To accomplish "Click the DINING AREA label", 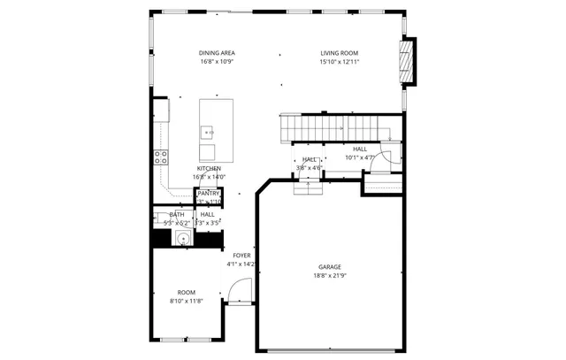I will [216, 53].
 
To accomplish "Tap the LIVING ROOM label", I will [340, 53].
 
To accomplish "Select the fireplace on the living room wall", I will [408, 62].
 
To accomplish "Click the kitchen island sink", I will [209, 132].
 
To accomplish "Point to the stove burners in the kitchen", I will [162, 157].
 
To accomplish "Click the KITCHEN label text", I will [209, 168].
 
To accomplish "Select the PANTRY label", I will [209, 193].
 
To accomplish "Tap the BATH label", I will [177, 214].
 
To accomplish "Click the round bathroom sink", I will [182, 238].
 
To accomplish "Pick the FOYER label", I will [241, 255].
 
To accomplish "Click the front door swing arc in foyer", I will [240, 291].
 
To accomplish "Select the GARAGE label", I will [330, 266].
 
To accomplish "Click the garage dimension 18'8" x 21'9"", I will [330, 275].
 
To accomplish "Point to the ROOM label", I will [186, 292].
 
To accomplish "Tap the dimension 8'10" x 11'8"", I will [186, 301].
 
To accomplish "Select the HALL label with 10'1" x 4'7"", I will [360, 149].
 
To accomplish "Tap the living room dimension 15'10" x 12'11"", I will [340, 62].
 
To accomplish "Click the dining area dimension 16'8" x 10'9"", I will [216, 62].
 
